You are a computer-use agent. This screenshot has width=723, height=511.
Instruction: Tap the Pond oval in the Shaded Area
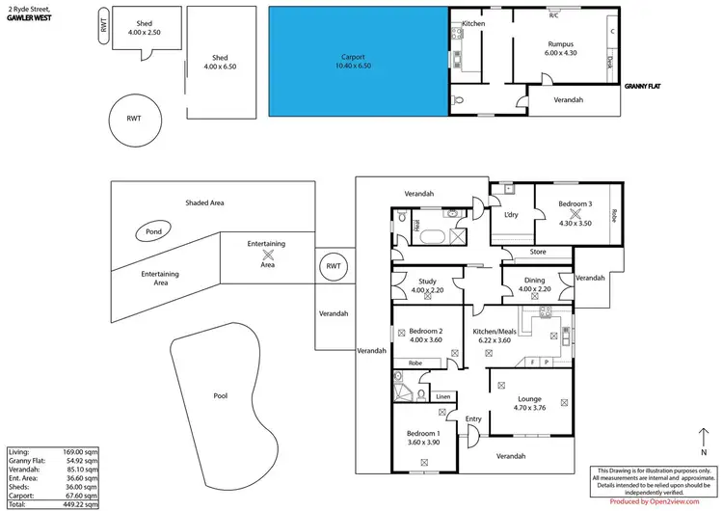[x=153, y=232]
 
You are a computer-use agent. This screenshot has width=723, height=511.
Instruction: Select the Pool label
[x=220, y=396]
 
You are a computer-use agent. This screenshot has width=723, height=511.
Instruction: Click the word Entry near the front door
[x=473, y=419]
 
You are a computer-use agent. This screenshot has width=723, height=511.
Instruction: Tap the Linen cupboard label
[x=442, y=396]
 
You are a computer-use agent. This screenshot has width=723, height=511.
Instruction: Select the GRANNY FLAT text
[x=642, y=86]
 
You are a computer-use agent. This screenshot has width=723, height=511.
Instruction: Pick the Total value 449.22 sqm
[x=80, y=503]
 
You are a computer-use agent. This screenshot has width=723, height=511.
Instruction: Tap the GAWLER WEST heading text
[x=29, y=16]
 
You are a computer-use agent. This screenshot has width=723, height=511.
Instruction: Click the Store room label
[x=537, y=254]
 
